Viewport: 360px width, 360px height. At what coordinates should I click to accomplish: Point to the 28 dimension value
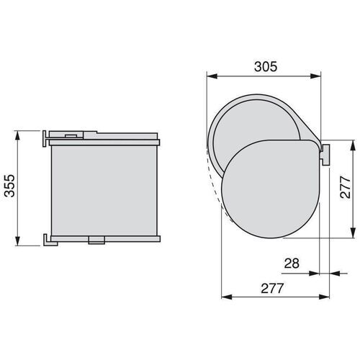tap(292, 264)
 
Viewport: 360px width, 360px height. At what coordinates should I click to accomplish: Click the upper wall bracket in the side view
tap(46, 135)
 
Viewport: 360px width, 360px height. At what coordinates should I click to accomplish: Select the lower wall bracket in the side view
tap(47, 238)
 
